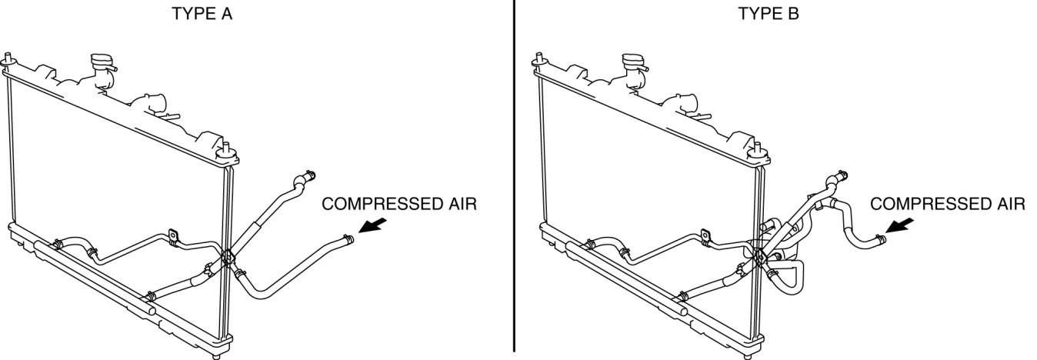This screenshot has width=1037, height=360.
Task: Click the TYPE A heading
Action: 204,13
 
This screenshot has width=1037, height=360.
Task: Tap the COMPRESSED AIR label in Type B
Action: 947,204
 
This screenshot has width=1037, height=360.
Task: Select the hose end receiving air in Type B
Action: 879,240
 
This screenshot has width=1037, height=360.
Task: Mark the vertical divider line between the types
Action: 513,177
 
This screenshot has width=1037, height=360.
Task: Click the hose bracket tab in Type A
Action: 173,235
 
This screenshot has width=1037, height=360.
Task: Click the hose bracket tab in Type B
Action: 705,235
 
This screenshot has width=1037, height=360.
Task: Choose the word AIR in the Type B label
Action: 1007,204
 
